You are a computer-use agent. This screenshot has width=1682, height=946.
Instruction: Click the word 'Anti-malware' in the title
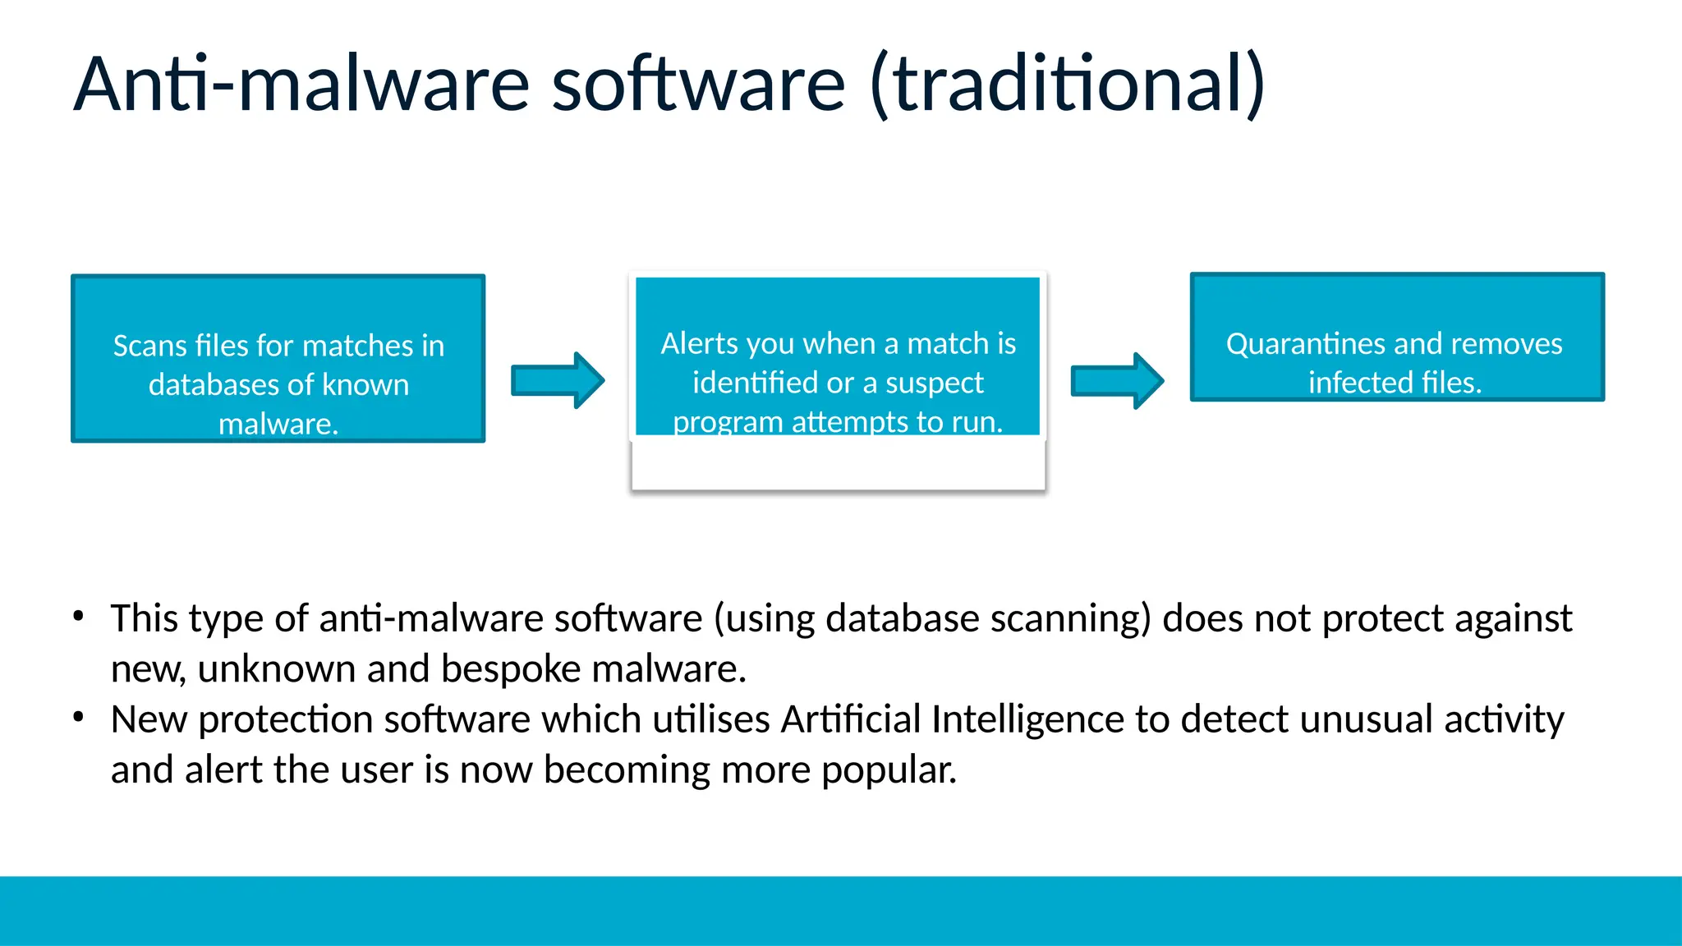[x=302, y=84]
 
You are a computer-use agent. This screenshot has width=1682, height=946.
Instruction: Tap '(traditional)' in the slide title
[x=1067, y=84]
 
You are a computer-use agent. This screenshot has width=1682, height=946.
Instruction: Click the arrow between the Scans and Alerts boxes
[x=558, y=380]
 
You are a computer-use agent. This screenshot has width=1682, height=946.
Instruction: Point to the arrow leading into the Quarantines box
[x=1117, y=380]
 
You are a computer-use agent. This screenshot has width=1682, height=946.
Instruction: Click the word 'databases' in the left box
[x=209, y=384]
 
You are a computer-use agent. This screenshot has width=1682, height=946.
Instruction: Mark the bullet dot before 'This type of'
[x=78, y=616]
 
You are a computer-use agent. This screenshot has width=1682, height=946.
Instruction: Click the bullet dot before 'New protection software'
[x=78, y=717]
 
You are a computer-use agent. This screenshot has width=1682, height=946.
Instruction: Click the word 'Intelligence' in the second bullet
[x=1028, y=719]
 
